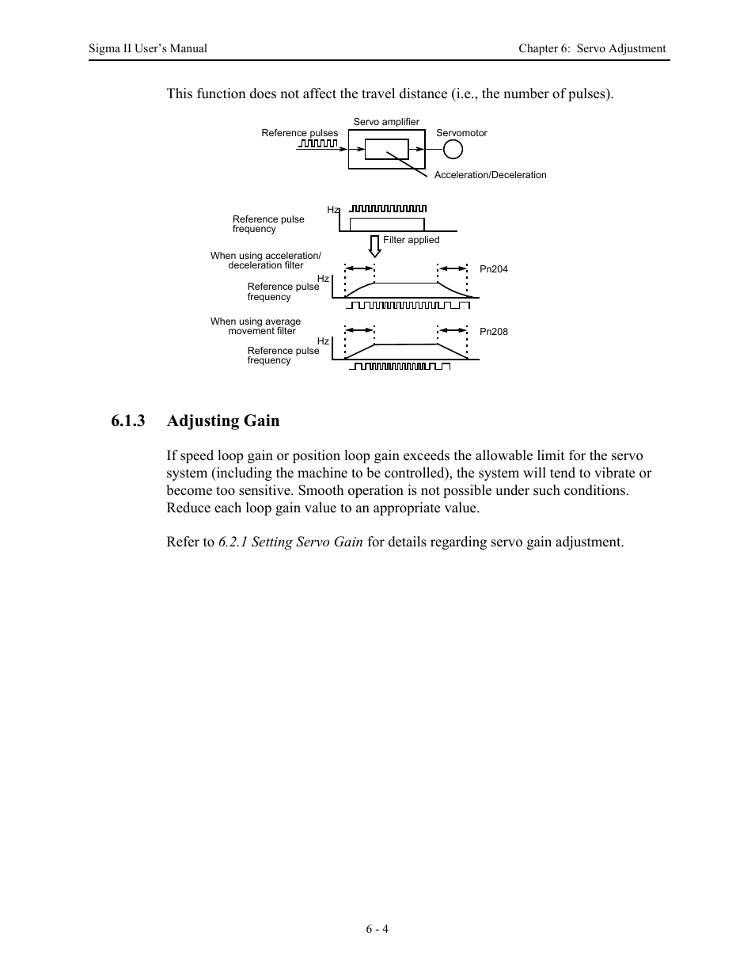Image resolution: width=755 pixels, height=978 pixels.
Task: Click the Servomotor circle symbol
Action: (x=452, y=150)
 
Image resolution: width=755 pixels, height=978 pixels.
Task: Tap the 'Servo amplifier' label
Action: (x=386, y=122)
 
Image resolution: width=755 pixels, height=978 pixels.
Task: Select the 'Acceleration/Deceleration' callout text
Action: (x=490, y=175)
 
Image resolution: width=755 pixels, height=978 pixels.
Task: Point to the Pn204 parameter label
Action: (x=494, y=269)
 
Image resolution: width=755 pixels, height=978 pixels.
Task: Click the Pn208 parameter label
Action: (x=494, y=332)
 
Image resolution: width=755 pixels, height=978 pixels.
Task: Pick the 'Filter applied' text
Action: (x=411, y=240)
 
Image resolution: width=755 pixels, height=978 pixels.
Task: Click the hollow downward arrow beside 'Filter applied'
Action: (x=375, y=246)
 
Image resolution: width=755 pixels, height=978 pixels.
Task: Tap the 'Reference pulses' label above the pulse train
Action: (x=299, y=133)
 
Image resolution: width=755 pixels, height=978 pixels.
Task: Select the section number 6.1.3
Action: (x=128, y=421)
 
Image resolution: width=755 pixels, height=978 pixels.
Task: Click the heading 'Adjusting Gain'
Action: (x=223, y=421)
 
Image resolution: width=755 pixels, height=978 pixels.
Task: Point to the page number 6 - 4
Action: (x=377, y=929)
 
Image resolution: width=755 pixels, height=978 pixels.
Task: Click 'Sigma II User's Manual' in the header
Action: (x=148, y=48)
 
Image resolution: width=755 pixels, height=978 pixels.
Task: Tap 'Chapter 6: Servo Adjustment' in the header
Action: (x=592, y=48)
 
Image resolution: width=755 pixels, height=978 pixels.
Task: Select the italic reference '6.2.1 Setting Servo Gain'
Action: (x=290, y=542)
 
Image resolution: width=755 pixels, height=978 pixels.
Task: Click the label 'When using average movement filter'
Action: (x=256, y=326)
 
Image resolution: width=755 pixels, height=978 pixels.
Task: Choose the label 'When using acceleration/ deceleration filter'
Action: (x=265, y=261)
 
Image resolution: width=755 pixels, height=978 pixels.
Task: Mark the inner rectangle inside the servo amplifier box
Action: (x=386, y=149)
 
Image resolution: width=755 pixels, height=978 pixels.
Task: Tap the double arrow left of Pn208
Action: (x=453, y=329)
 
